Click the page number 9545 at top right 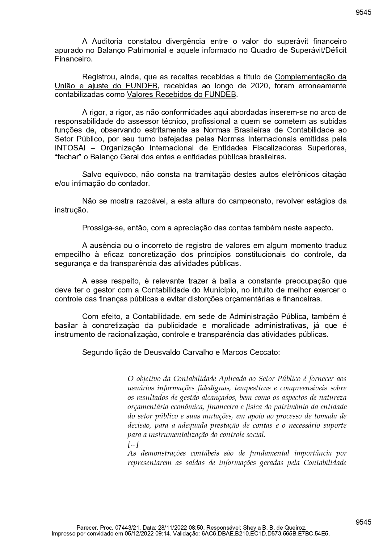pos(363,12)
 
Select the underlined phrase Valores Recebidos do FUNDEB pos(181,95)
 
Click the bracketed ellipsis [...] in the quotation pos(133,444)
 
